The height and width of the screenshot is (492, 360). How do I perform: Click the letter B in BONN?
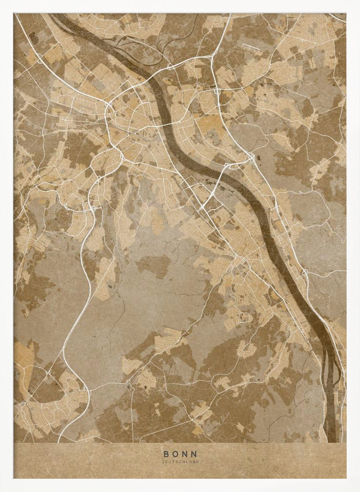pyautogui.click(x=166, y=454)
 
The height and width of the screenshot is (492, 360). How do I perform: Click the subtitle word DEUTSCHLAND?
pyautogui.click(x=180, y=462)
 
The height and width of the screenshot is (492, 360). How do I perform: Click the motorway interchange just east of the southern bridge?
pyautogui.click(x=252, y=158)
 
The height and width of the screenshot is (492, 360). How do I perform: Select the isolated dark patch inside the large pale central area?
pyautogui.click(x=153, y=266)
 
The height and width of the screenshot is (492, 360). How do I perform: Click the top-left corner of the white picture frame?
pyautogui.click(x=2, y=2)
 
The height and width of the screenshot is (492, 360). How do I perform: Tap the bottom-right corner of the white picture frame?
pyautogui.click(x=358, y=490)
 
